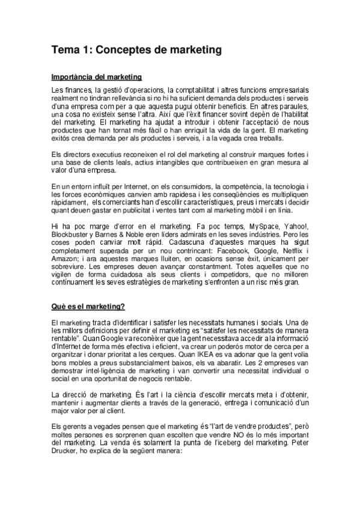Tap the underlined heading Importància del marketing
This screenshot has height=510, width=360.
(97, 77)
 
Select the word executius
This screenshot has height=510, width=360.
(102, 156)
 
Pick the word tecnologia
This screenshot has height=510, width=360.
(282, 186)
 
